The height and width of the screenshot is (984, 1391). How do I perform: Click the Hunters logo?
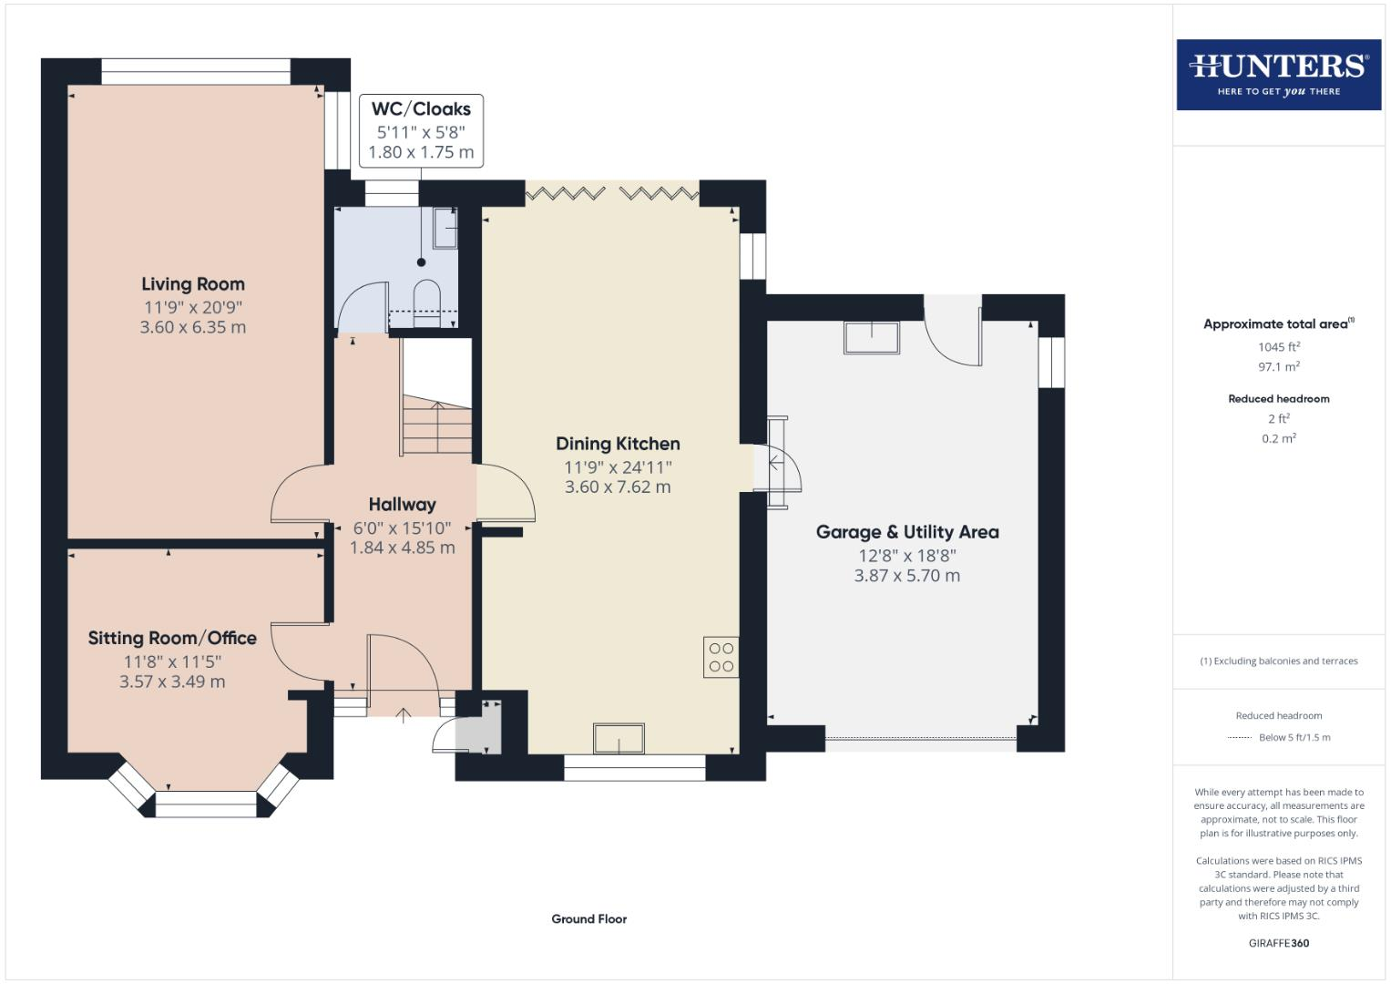1279,75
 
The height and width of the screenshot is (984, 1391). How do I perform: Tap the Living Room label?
193,284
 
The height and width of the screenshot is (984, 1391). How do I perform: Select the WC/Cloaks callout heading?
421,108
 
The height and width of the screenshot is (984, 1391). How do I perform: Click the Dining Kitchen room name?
618,444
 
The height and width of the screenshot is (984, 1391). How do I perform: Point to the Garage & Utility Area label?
907,532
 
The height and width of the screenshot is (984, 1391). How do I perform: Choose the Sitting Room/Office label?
172,638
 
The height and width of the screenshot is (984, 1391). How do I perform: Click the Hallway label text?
403,505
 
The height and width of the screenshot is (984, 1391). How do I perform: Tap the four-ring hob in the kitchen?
721,657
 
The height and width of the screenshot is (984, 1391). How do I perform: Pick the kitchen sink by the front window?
619,739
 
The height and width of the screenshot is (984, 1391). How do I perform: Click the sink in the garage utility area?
872,337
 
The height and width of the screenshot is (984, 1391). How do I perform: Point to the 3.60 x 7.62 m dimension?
618,487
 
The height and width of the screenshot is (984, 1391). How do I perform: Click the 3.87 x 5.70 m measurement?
907,575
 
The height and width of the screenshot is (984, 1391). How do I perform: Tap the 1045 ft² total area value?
1279,346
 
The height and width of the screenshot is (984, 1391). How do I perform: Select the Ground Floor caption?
589,918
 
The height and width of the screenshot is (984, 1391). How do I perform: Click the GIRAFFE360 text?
1279,943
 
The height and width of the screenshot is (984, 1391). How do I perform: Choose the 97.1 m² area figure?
1279,366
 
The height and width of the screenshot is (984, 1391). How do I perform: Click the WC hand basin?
445,229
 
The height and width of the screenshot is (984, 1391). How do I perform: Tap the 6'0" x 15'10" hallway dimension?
403,528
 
